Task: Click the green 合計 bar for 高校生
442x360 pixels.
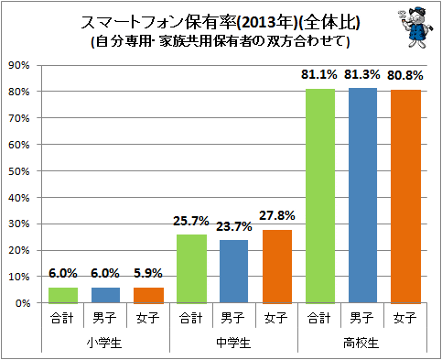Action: coord(319,195)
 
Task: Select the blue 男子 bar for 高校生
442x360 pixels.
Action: coord(362,195)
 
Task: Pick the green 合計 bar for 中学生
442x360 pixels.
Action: coord(191,268)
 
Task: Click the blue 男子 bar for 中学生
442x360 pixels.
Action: coord(234,271)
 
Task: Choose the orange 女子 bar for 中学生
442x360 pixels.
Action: coord(277,266)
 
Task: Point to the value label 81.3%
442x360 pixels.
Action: coord(362,74)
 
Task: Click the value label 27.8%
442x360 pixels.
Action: coord(277,215)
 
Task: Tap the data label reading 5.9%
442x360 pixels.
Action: coord(149,273)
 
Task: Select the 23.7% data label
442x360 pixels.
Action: coord(234,226)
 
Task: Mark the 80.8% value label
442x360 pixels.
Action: coord(405,75)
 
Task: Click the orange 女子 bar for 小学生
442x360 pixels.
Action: coord(149,295)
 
